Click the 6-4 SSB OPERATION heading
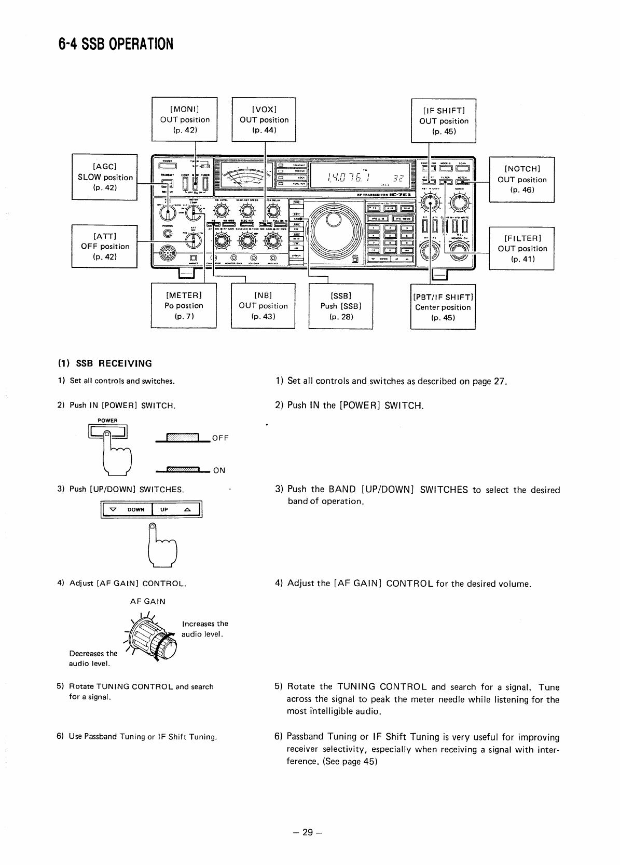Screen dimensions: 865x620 point(115,44)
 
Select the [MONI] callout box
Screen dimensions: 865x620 point(184,119)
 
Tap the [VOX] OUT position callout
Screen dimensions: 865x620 point(264,119)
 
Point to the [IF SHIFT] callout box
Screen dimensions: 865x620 point(444,120)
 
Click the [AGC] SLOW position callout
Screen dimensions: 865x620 point(105,177)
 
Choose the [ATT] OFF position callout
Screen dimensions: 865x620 point(105,246)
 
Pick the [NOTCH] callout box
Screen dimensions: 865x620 point(522,179)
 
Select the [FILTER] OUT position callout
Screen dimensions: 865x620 point(522,248)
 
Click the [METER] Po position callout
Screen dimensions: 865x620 point(184,305)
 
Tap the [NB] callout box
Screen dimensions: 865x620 point(263,305)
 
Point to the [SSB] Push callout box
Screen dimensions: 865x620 point(341,305)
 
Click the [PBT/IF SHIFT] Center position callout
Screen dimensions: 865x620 point(443,306)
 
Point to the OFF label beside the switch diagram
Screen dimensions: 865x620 point(220,438)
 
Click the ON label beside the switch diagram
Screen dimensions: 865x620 point(219,470)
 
